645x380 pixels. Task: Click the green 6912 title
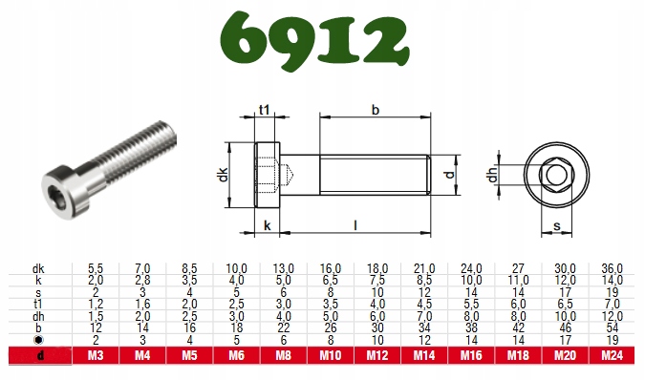click(x=314, y=41)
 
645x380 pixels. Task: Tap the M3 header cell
click(x=96, y=355)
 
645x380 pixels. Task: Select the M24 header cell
click(x=613, y=355)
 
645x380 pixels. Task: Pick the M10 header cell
click(x=331, y=355)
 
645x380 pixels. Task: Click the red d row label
click(x=40, y=356)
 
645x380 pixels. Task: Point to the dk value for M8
click(x=284, y=268)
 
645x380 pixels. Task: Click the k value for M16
click(x=471, y=281)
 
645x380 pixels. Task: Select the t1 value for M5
click(x=189, y=305)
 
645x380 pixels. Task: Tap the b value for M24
click(x=613, y=327)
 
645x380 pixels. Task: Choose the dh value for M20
click(x=565, y=316)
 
